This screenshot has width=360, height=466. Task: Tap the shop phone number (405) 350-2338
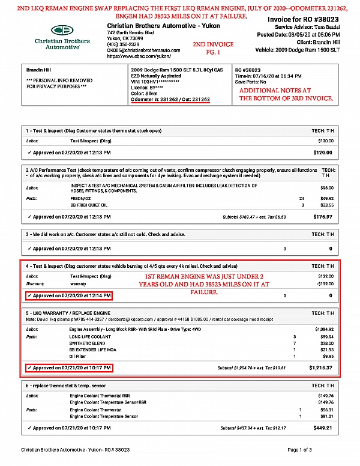[124, 44]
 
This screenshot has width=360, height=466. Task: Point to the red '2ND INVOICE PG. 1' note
[213, 49]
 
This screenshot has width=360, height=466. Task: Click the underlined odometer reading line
[170, 99]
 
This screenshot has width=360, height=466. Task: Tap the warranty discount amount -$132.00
[324, 283]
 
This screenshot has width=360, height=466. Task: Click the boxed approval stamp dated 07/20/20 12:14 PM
[70, 296]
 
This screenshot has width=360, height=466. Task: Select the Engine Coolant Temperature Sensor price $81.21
[326, 416]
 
